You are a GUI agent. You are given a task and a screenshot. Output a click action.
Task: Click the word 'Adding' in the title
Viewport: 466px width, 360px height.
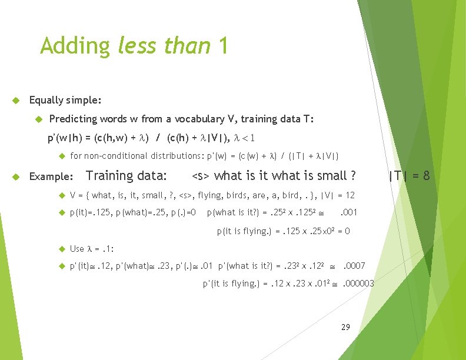[x=75, y=46]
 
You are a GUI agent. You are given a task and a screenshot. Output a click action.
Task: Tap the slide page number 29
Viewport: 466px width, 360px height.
[x=345, y=326]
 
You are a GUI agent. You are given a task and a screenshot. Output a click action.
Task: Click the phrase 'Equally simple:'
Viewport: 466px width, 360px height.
[x=65, y=100]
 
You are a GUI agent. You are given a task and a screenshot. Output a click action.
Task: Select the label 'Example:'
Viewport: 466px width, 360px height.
[x=51, y=176]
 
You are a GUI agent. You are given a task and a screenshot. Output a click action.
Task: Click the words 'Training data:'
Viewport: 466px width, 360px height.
[x=126, y=175]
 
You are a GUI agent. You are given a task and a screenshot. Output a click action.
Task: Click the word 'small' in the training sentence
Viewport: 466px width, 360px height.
[x=331, y=175]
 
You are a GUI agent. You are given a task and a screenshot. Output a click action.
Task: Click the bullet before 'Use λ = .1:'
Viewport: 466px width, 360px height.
[x=61, y=248]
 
